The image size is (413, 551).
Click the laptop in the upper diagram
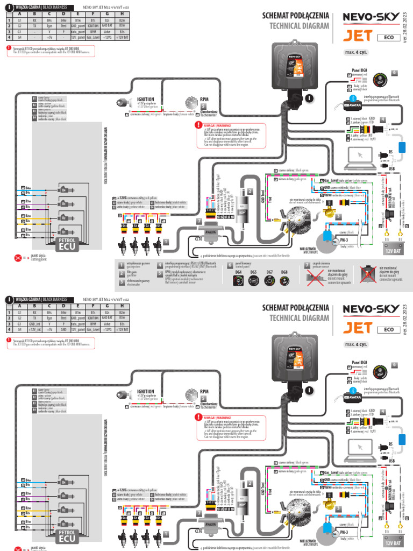coord(361,156)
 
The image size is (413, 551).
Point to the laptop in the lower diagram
coord(361,447)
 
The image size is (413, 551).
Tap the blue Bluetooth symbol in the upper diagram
coord(353,98)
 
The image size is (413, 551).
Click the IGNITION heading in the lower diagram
coord(145,392)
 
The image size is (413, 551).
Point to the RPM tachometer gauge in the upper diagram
coord(191,102)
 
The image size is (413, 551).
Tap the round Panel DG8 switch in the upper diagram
coord(381,79)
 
